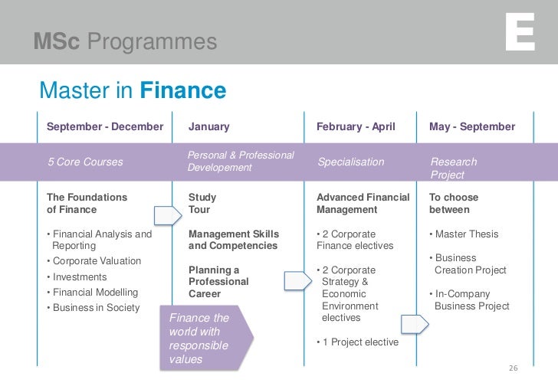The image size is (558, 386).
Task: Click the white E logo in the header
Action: click(x=520, y=34)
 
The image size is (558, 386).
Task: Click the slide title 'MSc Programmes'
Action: click(x=125, y=41)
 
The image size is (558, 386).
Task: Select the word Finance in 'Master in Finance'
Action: click(x=182, y=92)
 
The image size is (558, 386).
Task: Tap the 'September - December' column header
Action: click(x=105, y=126)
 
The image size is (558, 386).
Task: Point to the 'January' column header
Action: click(x=208, y=126)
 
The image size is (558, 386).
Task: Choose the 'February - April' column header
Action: click(x=356, y=126)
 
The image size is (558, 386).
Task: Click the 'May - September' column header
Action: click(x=472, y=126)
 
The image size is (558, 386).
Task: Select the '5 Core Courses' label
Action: click(x=84, y=162)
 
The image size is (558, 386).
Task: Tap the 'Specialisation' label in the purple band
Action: click(x=350, y=162)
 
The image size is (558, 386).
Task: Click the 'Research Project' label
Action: click(x=453, y=168)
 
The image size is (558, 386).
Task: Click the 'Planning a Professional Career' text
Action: click(x=218, y=282)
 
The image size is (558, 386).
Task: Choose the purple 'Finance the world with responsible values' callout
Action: click(x=203, y=338)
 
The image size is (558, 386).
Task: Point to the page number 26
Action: click(x=514, y=368)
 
